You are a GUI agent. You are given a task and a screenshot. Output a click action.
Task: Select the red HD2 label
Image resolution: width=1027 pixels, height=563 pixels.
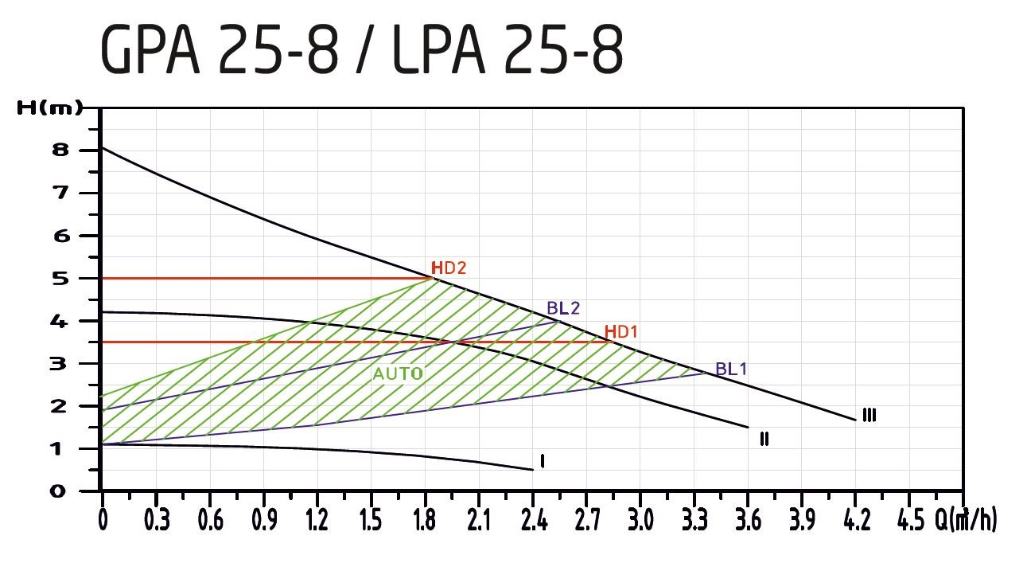pos(449,268)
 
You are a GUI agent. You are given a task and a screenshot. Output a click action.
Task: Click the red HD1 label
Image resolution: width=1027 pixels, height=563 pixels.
pos(621,331)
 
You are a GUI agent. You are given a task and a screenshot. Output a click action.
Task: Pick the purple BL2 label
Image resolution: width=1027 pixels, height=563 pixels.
pos(563,308)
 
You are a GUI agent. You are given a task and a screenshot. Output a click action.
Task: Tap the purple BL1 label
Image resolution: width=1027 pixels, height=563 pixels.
pos(731,369)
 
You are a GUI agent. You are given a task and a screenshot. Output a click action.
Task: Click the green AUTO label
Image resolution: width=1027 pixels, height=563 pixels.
pos(398,373)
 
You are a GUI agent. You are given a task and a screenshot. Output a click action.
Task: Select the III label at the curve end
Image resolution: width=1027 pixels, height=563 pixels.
pos(869,415)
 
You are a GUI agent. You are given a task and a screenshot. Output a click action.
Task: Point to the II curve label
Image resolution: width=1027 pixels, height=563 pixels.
pos(764,438)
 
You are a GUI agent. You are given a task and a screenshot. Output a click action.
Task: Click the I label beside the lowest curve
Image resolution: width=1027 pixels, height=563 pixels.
pos(542,461)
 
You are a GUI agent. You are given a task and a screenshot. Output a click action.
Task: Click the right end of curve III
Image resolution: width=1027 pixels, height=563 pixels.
pos(855,420)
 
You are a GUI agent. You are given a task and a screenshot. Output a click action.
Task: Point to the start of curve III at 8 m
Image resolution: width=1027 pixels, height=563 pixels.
pos(103,148)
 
